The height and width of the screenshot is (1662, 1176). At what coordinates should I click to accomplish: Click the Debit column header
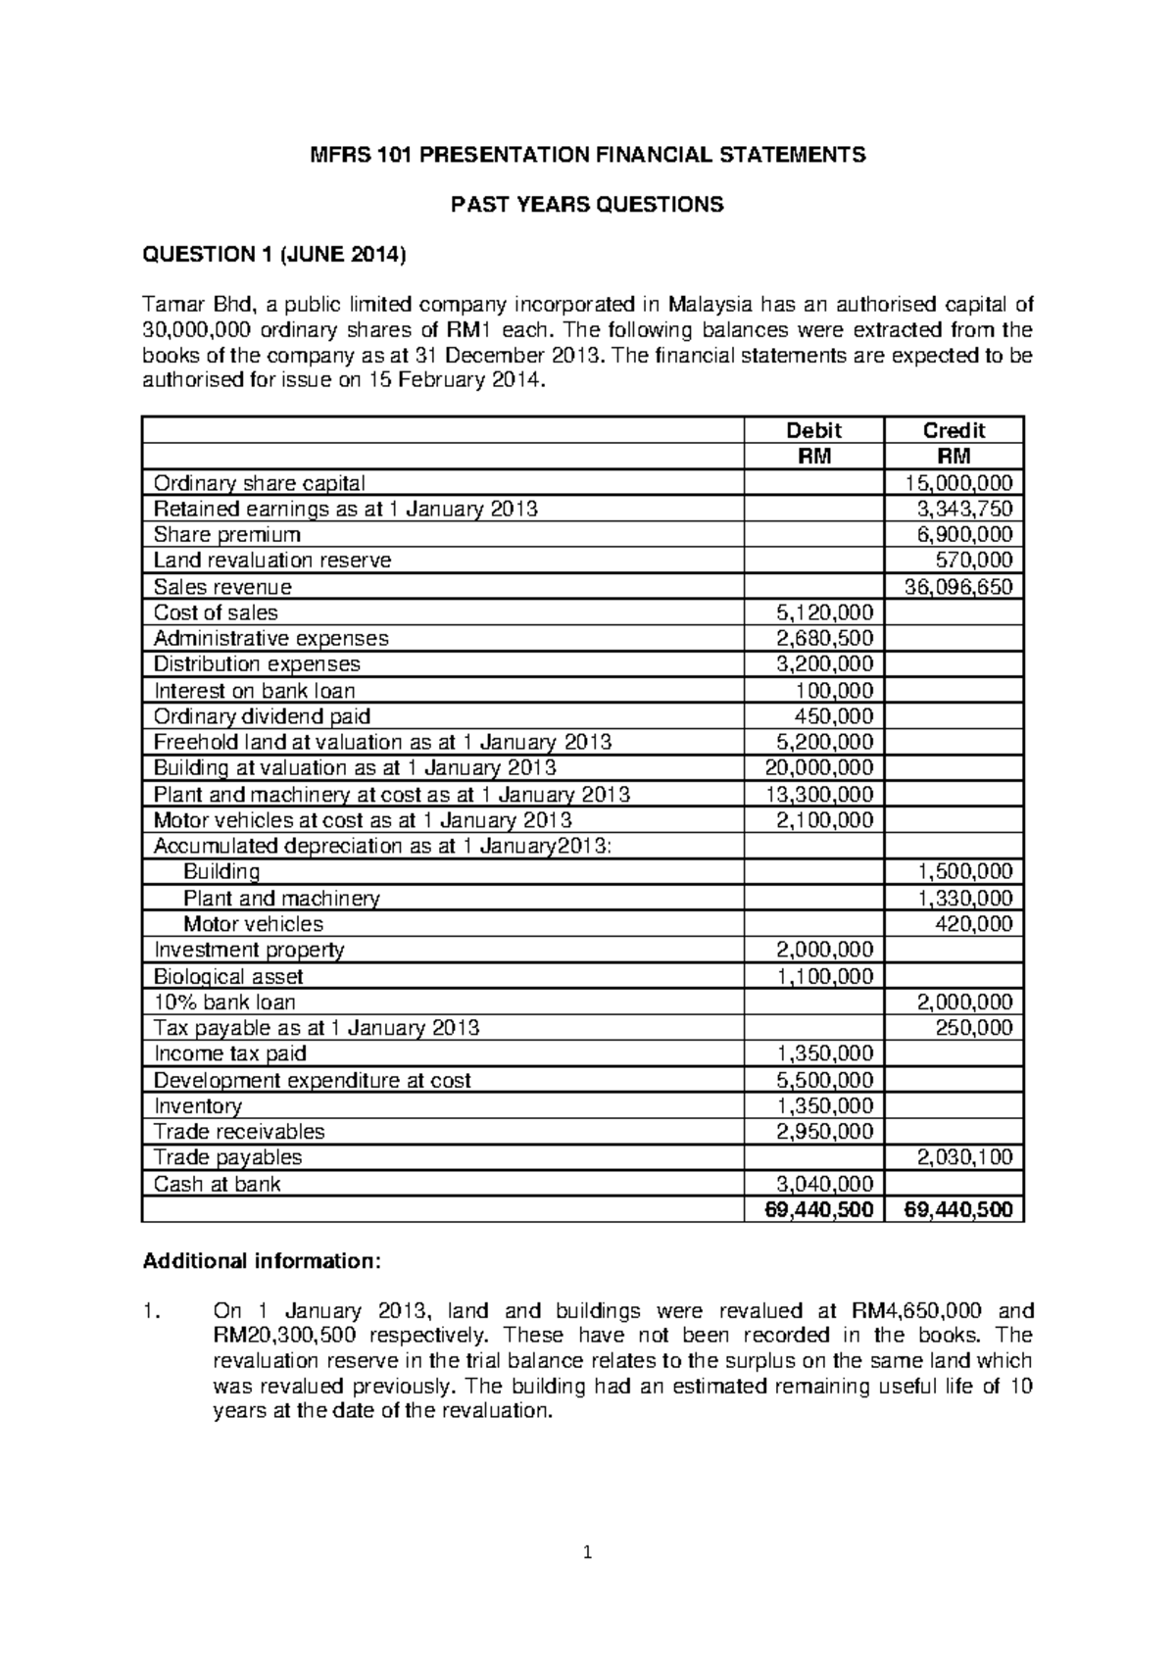click(814, 430)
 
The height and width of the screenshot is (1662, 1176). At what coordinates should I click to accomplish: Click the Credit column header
click(954, 430)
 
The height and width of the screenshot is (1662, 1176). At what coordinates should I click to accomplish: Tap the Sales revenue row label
click(222, 587)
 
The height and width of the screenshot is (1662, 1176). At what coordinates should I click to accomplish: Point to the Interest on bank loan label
click(254, 691)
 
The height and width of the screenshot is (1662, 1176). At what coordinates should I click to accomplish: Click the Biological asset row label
click(228, 977)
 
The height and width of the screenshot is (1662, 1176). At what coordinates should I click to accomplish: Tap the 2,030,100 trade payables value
click(965, 1157)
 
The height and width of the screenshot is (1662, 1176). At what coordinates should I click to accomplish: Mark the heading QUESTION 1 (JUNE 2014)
click(273, 256)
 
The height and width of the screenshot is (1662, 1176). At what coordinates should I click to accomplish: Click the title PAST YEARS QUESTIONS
click(586, 205)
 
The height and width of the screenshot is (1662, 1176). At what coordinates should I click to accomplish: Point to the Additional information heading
click(260, 1261)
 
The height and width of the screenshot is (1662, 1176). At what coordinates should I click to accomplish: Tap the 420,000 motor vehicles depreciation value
click(973, 924)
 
